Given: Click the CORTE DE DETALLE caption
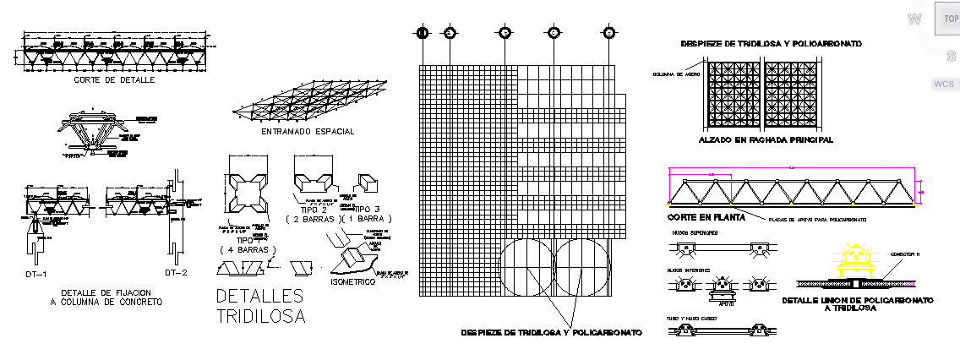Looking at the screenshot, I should [x=114, y=79].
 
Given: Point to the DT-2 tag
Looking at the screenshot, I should [x=175, y=273].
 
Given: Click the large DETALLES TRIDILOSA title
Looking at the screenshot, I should [x=260, y=307].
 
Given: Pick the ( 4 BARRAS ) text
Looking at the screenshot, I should [x=250, y=249].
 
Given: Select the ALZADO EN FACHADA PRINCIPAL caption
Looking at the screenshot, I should [x=766, y=139].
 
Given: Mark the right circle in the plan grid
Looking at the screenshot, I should [x=582, y=268].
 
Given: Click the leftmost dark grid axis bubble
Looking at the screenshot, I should [x=423, y=33].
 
